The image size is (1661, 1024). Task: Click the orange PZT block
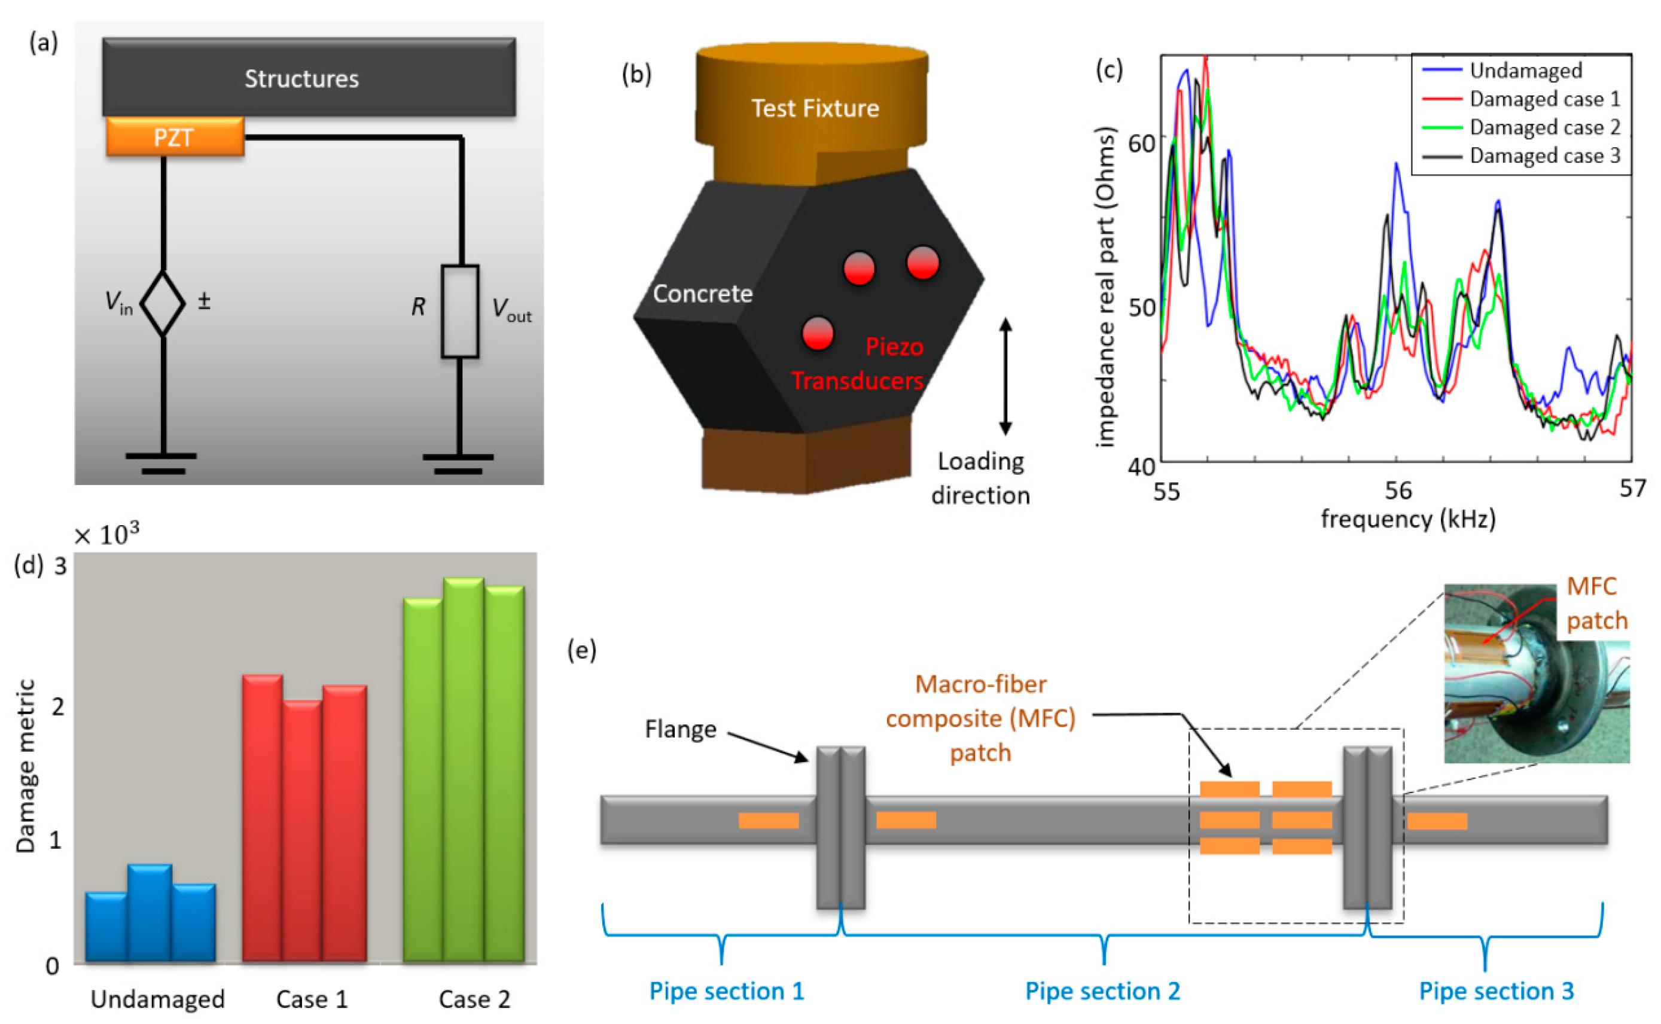pyautogui.click(x=175, y=138)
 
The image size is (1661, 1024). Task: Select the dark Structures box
pyautogui.click(x=309, y=77)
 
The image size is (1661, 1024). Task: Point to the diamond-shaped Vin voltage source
pyautogui.click(x=163, y=303)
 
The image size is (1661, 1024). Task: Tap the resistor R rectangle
pyautogui.click(x=460, y=311)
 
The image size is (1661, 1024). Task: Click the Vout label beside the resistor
pyautogui.click(x=511, y=310)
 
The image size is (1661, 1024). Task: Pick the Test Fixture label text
pyautogui.click(x=815, y=108)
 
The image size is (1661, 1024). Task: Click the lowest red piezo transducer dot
pyautogui.click(x=817, y=333)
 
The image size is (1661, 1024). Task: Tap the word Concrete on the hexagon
pyautogui.click(x=702, y=294)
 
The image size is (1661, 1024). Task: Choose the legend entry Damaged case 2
pyautogui.click(x=1544, y=127)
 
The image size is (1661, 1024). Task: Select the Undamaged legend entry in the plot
pyautogui.click(x=1526, y=71)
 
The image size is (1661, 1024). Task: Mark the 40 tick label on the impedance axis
pyautogui.click(x=1142, y=467)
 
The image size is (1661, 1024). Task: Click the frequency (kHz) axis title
pyautogui.click(x=1409, y=519)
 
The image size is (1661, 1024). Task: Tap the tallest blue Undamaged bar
pyautogui.click(x=150, y=912)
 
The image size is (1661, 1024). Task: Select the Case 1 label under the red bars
pyautogui.click(x=312, y=999)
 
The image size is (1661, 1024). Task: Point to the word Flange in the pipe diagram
pyautogui.click(x=681, y=729)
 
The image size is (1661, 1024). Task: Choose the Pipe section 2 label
pyautogui.click(x=1102, y=991)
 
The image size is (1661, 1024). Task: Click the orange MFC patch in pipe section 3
pyautogui.click(x=1437, y=821)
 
